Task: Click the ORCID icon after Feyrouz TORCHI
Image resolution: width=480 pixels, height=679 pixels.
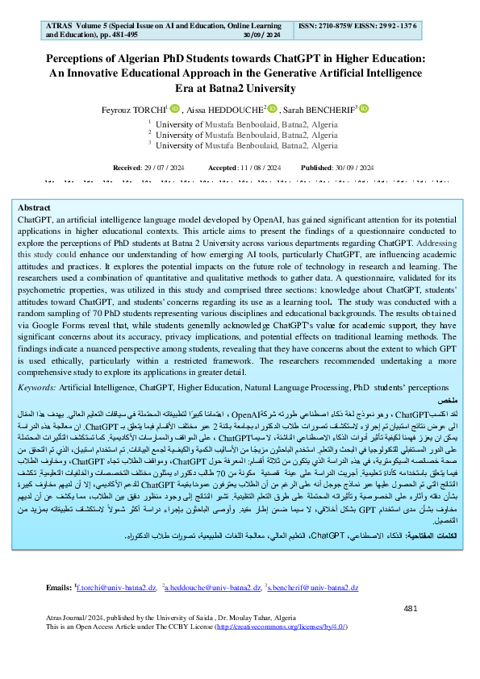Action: [x=172, y=108]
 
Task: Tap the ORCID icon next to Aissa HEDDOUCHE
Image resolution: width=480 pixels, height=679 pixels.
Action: [x=273, y=108]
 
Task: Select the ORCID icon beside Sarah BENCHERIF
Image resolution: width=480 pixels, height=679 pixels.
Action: [x=364, y=108]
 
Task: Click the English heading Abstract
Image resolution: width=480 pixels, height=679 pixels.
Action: [x=34, y=207]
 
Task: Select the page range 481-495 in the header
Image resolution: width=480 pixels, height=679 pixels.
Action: [x=127, y=35]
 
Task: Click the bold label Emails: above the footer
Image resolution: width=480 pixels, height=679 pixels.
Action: [x=60, y=610]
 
